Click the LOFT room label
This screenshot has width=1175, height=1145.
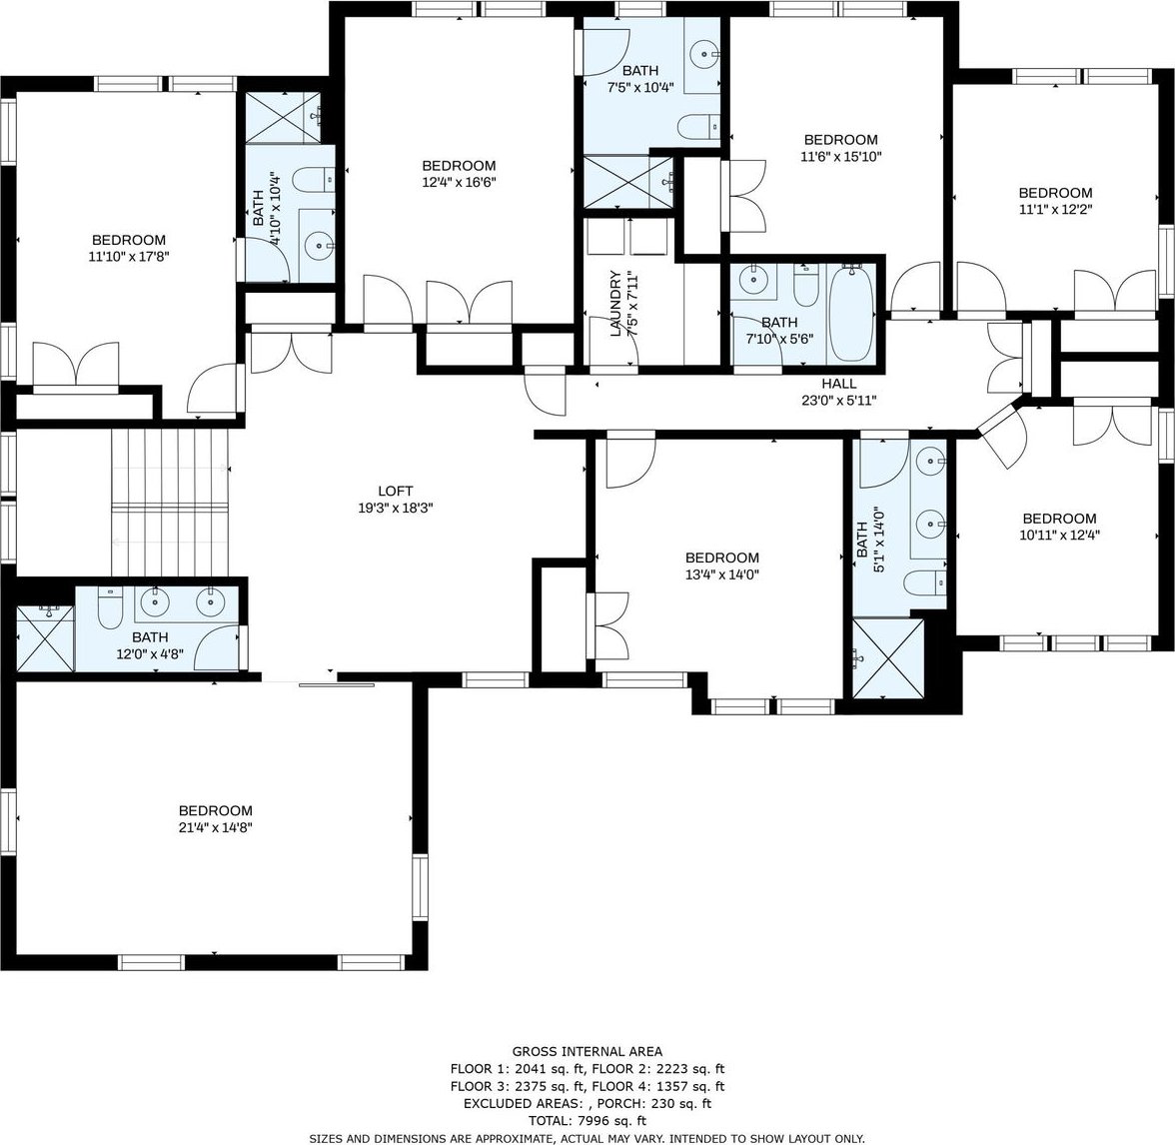(395, 491)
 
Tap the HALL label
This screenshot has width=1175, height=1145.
(838, 384)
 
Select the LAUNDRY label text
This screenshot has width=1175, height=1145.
(615, 304)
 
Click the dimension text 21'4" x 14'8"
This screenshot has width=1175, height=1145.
(215, 827)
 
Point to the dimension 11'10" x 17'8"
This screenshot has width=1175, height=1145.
(128, 256)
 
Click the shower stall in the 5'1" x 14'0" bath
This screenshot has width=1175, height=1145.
(888, 657)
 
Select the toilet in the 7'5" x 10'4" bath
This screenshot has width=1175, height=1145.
(698, 126)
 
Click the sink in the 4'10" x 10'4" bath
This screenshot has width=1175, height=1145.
(321, 244)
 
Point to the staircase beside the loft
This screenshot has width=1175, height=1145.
(170, 503)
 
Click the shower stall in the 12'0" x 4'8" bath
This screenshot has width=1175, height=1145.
(46, 637)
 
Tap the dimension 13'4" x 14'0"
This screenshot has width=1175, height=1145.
(721, 574)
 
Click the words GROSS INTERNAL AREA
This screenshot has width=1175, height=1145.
(587, 1051)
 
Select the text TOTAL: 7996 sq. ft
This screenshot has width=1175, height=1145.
(587, 1121)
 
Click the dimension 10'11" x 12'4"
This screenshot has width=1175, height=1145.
(1059, 536)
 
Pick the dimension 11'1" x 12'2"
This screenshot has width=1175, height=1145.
(1055, 209)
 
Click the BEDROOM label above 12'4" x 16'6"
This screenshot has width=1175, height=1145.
(459, 166)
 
